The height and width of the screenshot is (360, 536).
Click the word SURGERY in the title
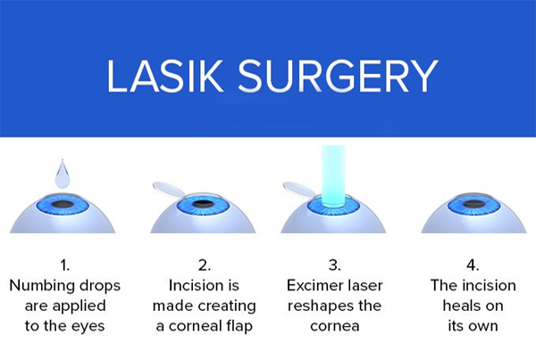[338, 76]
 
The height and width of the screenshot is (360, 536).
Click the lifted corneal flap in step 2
[170, 190]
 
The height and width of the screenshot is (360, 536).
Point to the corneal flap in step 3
[300, 190]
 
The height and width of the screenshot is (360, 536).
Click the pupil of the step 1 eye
[63, 205]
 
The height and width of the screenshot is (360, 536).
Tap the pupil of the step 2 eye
[203, 205]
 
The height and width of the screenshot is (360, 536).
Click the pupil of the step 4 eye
[473, 205]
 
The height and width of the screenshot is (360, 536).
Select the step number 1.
[64, 265]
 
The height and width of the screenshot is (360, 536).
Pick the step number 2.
[204, 265]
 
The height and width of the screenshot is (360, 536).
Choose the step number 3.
[335, 265]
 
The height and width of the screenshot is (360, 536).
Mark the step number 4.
[473, 265]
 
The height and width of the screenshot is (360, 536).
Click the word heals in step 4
[459, 306]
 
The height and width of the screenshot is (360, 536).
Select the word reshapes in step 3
[319, 306]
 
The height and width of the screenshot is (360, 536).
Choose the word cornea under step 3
[335, 326]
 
